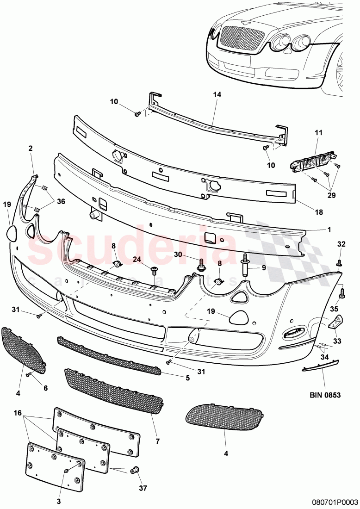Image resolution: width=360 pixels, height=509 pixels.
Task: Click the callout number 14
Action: (217, 95)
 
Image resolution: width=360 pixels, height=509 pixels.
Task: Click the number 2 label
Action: (31, 149)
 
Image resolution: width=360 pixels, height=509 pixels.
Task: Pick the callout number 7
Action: (157, 442)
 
